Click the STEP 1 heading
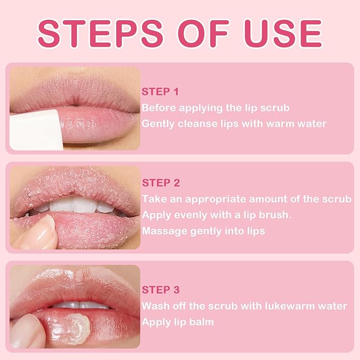(160, 92)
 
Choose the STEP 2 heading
(161, 183)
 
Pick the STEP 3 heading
(161, 290)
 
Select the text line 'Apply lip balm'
(177, 322)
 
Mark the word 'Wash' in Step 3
(154, 306)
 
